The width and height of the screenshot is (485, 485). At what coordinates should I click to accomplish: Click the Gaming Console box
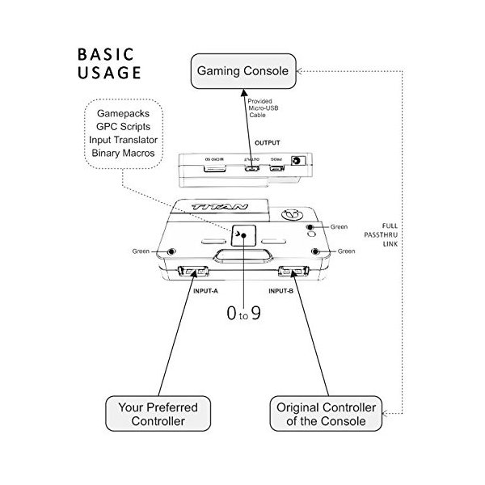pyautogui.click(x=243, y=71)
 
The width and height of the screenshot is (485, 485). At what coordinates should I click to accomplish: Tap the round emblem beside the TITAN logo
pyautogui.click(x=293, y=217)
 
